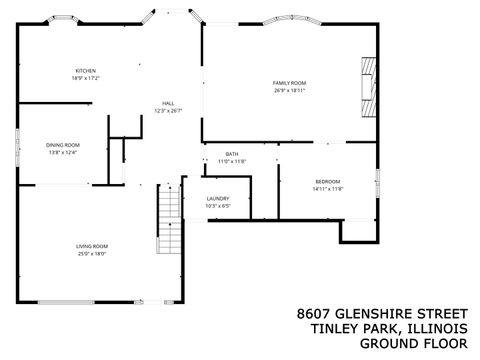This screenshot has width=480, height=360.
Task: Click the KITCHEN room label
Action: [85, 70]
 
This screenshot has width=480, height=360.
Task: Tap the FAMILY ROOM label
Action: [290, 82]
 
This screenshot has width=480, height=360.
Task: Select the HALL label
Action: [169, 104]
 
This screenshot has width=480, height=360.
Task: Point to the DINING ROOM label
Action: [63, 146]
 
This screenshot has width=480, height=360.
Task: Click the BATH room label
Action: [231, 154]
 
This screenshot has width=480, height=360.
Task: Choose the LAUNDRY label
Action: [218, 199]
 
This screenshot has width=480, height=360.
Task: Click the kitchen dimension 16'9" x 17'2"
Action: [85, 77]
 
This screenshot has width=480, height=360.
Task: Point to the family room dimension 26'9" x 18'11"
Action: [290, 89]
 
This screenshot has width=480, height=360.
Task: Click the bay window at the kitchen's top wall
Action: [67, 20]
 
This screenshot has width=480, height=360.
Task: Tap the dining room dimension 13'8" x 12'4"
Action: [63, 153]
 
